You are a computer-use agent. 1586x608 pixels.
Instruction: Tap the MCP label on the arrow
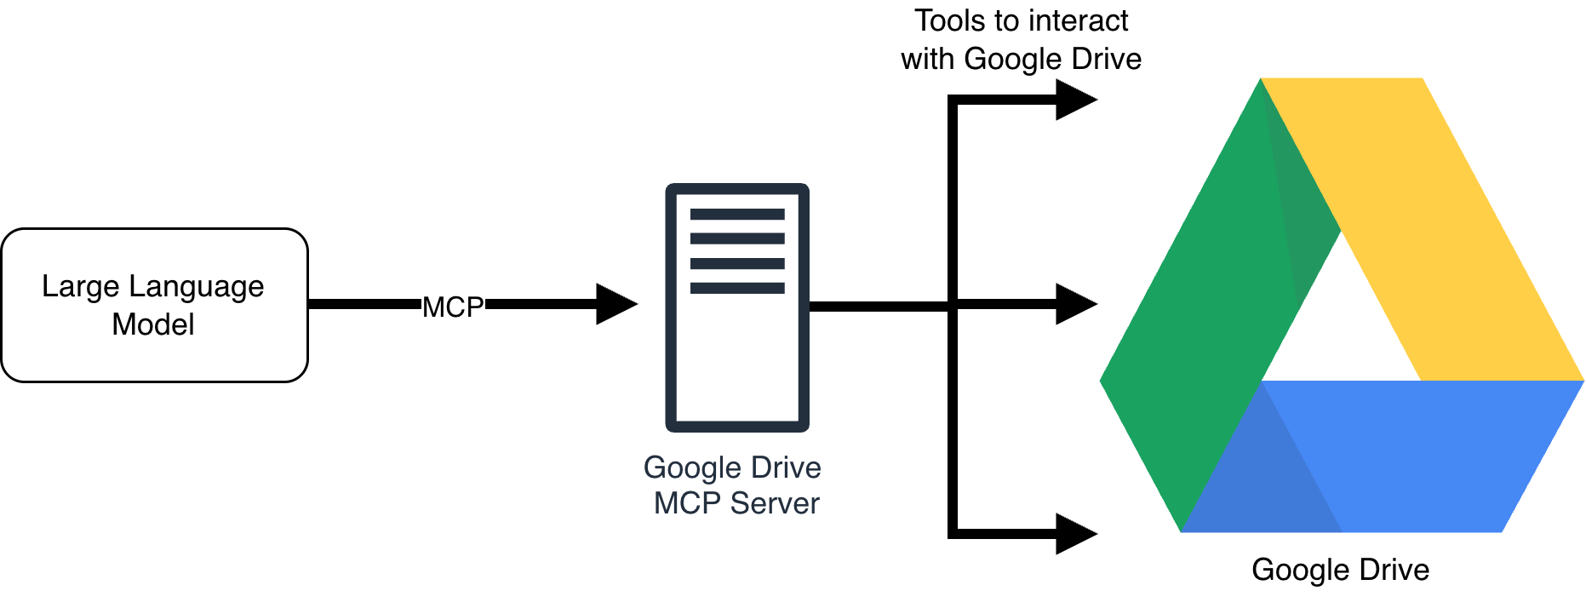pos(453,307)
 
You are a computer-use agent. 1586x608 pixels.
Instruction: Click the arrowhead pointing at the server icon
pos(615,304)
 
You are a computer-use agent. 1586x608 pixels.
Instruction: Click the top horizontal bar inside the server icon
pos(737,214)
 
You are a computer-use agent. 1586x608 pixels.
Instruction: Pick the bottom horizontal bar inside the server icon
pos(737,288)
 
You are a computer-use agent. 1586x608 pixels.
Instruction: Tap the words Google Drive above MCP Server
pos(732,467)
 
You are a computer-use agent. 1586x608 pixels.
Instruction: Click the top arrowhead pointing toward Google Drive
pos(1074,100)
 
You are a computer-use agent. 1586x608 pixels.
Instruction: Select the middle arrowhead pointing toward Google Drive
pos(1074,304)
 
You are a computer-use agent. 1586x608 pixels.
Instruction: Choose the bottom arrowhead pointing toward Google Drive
pos(1074,534)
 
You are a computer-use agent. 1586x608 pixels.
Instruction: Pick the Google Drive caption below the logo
pos(1340,570)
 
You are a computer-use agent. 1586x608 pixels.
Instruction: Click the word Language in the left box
pos(196,287)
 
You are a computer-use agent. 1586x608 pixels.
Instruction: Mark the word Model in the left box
pos(153,324)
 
